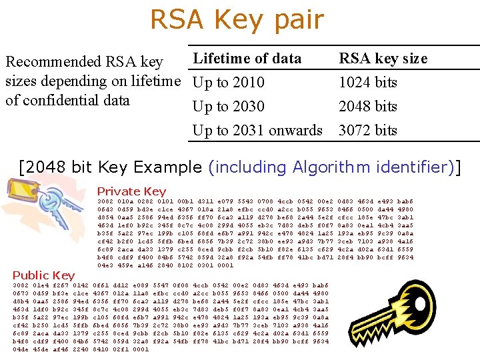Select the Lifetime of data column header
coord(247,59)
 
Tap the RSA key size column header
coord(383,59)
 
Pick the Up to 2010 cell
coord(228,83)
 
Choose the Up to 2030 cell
coord(228,107)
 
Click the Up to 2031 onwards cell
coord(257,131)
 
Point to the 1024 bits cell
coord(368,83)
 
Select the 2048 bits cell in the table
coord(368,107)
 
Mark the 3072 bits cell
coord(368,131)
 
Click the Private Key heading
coord(131,191)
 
